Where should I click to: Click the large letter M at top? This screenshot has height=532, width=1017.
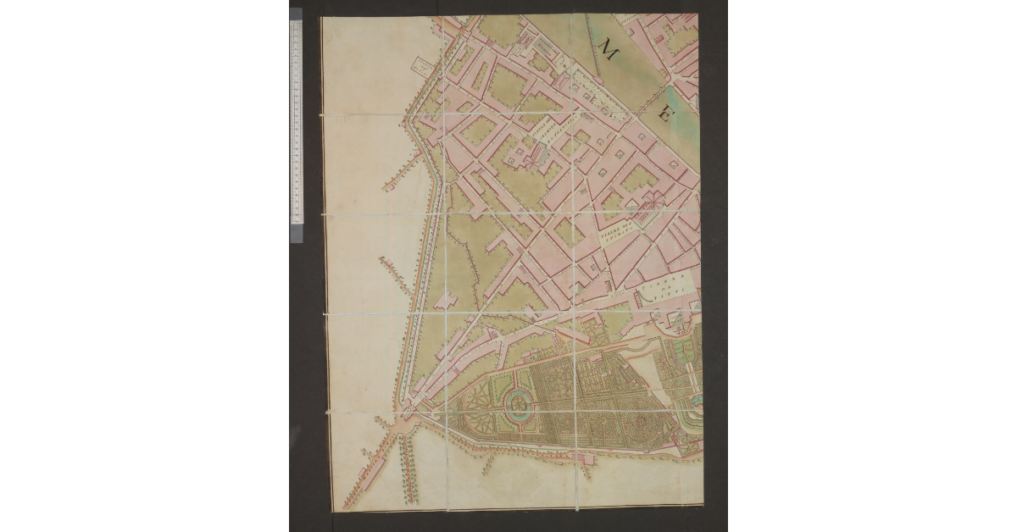(609, 49)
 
